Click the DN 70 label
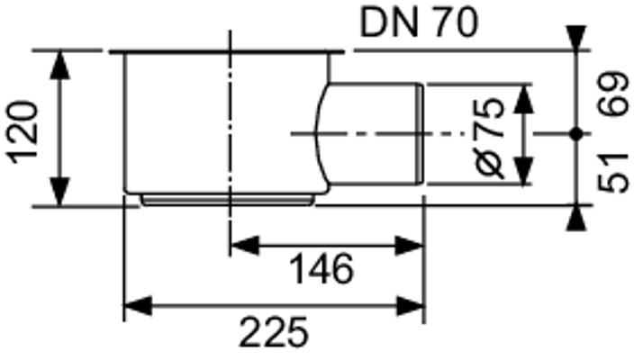[x=419, y=22]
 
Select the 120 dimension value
[x=22, y=132]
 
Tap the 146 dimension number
[x=321, y=269]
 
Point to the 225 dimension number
[x=274, y=332]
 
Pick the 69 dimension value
[x=613, y=94]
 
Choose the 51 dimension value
[x=613, y=172]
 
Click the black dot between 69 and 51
[x=576, y=134]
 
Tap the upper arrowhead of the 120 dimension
[x=59, y=65]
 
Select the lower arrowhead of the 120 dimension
[x=59, y=192]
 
